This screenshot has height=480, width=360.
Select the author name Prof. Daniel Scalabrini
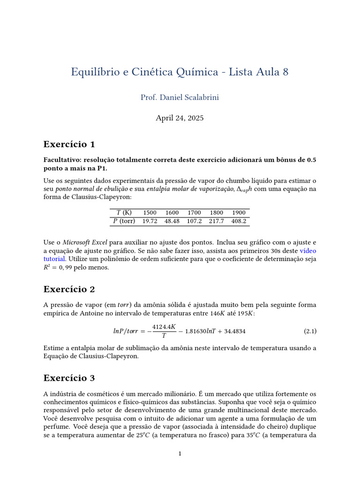point(180,97)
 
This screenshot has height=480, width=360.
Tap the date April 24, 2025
point(180,118)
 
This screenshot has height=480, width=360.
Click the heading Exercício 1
point(69,144)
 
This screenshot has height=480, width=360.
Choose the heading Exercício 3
point(69,377)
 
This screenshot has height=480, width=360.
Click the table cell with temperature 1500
point(150,212)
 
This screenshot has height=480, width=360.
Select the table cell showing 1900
point(239,212)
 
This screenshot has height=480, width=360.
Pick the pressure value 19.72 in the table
point(150,221)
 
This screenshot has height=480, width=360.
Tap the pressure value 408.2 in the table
point(239,221)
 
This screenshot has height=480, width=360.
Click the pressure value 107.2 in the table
point(194,221)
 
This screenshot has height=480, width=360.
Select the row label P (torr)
point(124,221)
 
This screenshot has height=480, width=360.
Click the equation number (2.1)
point(310,331)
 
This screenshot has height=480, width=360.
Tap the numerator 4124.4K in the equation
point(164,327)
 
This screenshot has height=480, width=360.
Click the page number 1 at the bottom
point(180,453)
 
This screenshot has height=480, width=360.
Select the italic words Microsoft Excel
point(85,242)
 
